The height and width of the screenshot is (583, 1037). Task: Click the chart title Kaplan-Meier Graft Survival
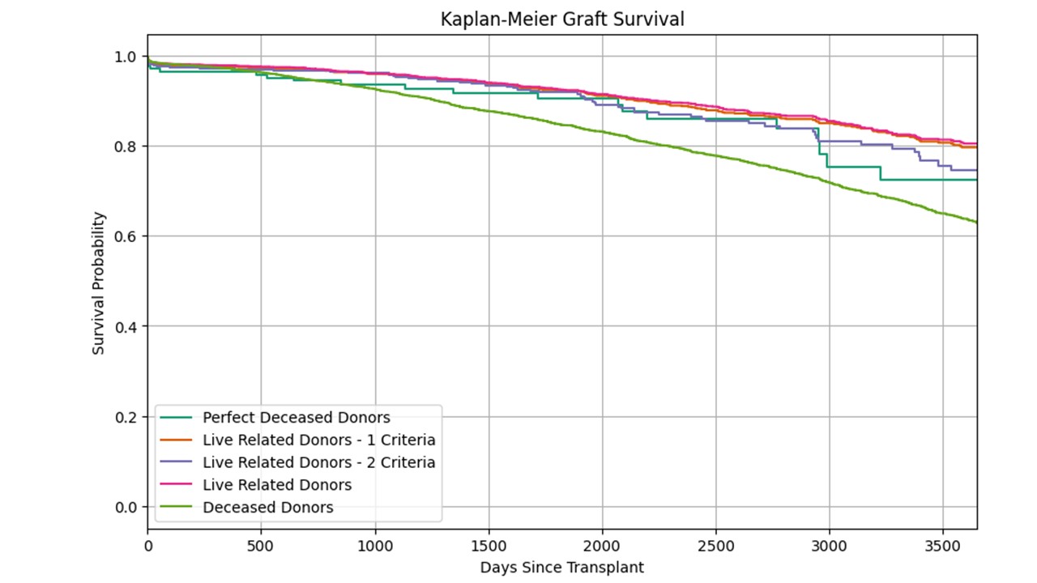point(561,19)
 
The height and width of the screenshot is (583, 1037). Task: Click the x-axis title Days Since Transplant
point(561,568)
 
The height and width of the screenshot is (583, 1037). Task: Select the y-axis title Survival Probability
point(98,283)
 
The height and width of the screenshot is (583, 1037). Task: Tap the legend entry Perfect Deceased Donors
point(296,418)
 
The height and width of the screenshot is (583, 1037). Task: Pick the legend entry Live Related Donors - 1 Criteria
point(318,440)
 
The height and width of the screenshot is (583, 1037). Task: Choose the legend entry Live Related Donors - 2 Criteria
point(318,462)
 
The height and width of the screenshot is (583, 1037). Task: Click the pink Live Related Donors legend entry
point(277,485)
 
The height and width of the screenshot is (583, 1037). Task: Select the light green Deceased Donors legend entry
point(267,508)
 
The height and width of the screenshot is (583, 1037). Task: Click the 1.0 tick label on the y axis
point(126,57)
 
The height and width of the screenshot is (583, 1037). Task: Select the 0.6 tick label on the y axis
point(126,236)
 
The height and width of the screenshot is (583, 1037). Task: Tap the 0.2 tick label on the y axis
point(126,417)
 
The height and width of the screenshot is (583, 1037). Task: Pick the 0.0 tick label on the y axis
point(126,508)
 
